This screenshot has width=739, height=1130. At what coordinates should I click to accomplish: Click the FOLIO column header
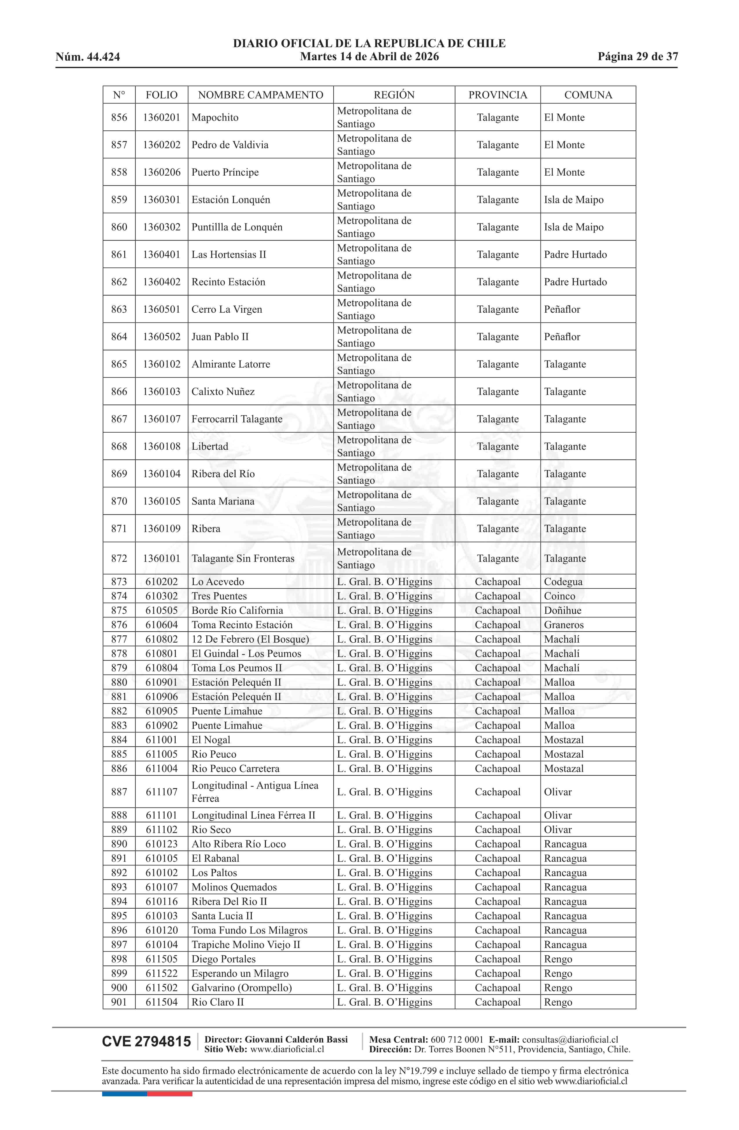161,95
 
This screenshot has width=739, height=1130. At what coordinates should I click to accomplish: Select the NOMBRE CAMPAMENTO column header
260,95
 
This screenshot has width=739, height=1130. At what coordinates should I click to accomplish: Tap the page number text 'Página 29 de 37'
637,57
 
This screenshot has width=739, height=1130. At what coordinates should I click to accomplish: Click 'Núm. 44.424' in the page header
88,57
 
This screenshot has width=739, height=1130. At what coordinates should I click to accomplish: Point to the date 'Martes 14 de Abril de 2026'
369,57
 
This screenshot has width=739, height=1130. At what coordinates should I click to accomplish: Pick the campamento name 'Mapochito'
215,118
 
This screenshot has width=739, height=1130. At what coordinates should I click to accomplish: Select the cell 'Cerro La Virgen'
227,309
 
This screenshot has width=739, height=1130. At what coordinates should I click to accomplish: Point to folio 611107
161,792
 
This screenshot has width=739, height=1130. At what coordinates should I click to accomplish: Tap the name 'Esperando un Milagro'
240,973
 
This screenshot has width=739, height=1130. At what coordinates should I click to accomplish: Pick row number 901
119,1002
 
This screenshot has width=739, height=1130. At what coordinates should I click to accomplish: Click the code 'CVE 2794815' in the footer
146,1042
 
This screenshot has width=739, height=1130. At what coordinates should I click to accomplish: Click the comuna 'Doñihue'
562,610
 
